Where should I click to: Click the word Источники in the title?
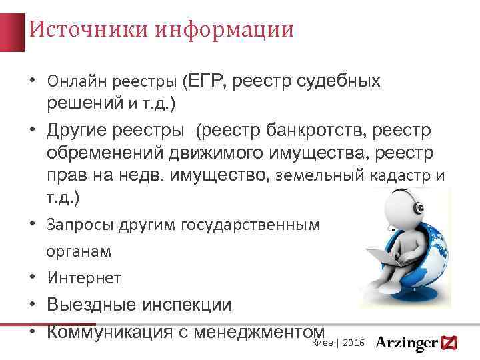click(x=73, y=30)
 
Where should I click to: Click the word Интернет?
click(x=84, y=278)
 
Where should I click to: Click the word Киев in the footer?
click(x=321, y=342)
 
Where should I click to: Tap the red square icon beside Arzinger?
click(x=451, y=343)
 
